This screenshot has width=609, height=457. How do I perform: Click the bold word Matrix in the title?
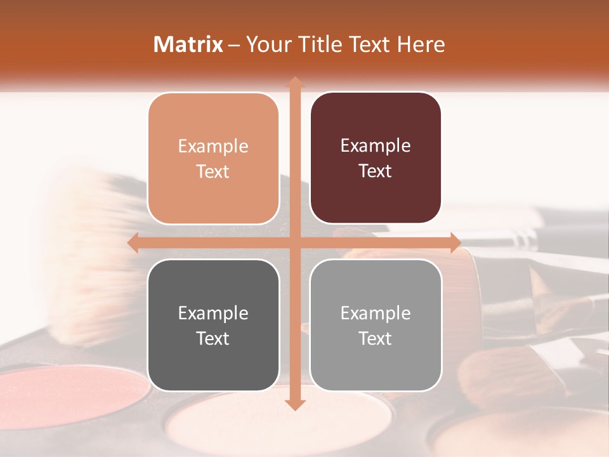pos(188,44)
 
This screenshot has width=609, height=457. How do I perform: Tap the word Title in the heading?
pos(315,44)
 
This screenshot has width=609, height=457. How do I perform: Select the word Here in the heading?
pos(421,44)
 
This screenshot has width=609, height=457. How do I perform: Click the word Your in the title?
pos(267,44)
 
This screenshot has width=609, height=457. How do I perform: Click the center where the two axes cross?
pos(294,243)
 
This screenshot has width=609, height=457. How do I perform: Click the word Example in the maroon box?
pos(376,146)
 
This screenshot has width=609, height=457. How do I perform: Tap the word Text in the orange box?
pos(213,171)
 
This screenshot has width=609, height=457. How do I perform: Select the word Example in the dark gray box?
pos(213,313)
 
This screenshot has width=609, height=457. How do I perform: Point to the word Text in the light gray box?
pos(376,338)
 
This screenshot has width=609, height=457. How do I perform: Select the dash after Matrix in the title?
pos(234,45)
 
